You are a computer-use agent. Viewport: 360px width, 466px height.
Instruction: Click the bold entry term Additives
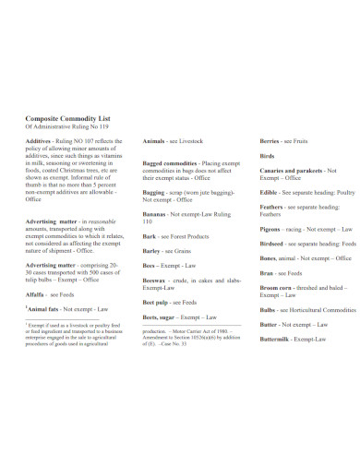point(38,141)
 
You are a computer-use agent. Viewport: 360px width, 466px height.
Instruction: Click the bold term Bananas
point(155,214)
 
